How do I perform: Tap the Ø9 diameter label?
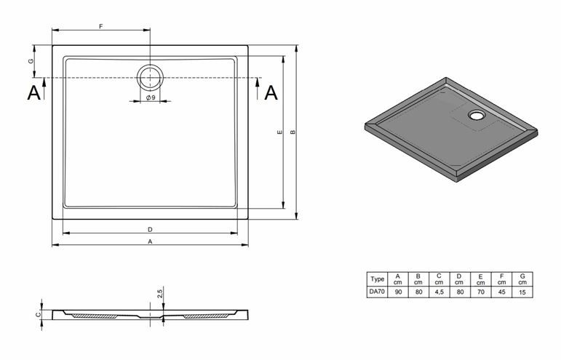click(x=151, y=97)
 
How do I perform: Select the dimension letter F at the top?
click(x=101, y=26)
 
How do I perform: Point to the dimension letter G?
click(x=31, y=61)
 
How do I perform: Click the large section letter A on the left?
click(x=34, y=92)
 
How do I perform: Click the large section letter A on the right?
click(x=271, y=92)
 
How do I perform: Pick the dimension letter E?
click(x=280, y=132)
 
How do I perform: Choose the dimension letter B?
click(x=293, y=132)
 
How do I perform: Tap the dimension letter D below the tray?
click(x=151, y=230)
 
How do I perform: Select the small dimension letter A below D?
click(x=151, y=241)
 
